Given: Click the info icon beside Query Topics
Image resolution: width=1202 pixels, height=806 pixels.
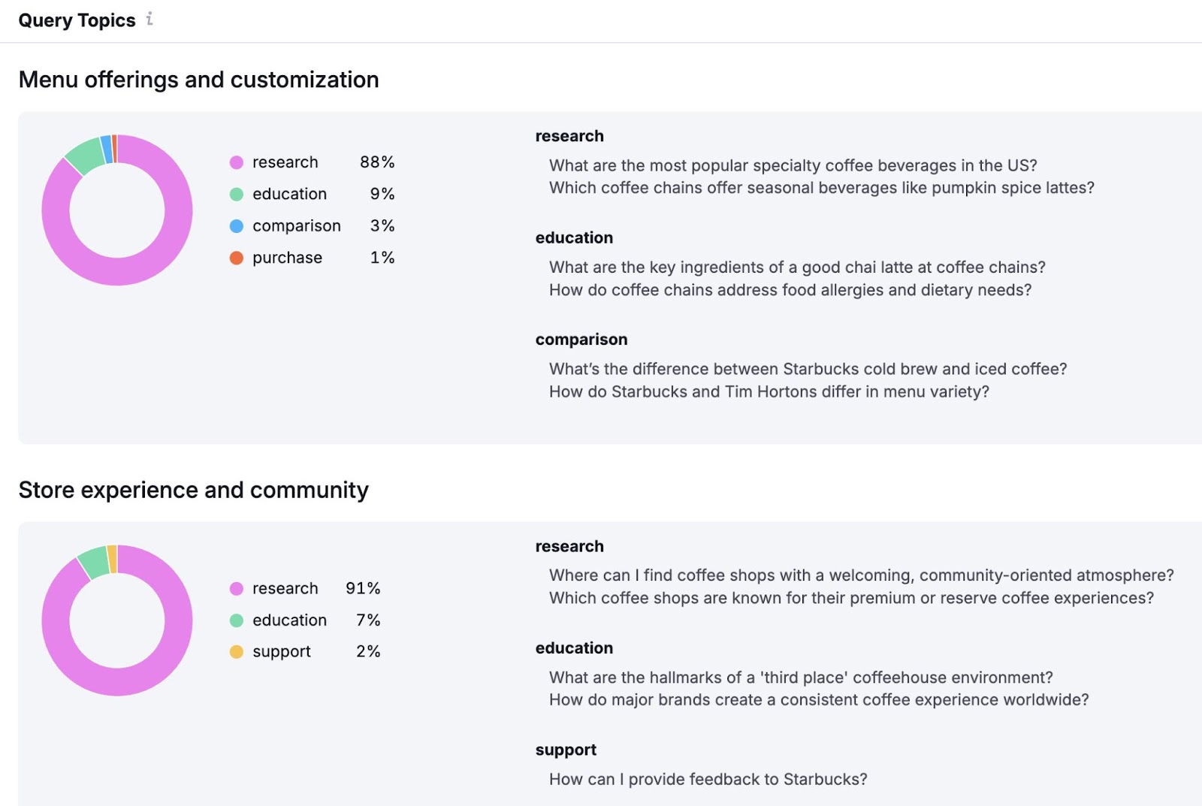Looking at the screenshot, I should [x=149, y=19].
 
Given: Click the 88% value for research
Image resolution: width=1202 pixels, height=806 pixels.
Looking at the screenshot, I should [x=376, y=162].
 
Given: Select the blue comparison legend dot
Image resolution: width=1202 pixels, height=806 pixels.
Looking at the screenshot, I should [x=236, y=226].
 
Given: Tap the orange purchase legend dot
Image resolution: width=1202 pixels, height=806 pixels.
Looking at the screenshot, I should [x=236, y=258].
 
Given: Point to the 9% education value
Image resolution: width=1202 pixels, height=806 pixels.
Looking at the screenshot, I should [x=382, y=194].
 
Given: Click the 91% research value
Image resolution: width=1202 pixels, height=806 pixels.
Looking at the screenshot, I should [x=363, y=588].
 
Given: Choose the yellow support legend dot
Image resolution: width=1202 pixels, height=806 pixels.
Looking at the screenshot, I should [x=236, y=652].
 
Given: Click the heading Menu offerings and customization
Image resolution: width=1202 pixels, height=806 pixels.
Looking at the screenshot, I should [x=198, y=80].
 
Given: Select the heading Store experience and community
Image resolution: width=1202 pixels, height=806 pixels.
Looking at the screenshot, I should [x=193, y=490].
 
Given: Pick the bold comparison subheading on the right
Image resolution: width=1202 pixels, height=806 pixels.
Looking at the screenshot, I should [x=581, y=340].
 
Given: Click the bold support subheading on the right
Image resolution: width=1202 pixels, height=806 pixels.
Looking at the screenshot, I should [x=566, y=750].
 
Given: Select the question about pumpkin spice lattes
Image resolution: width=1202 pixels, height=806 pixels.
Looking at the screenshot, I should [x=821, y=188].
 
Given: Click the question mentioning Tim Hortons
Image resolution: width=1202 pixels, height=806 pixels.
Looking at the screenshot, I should [x=769, y=391].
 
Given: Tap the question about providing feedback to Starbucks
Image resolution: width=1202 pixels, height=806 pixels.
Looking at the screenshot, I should [x=708, y=779].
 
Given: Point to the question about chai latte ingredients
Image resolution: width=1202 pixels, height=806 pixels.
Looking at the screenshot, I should [x=797, y=267].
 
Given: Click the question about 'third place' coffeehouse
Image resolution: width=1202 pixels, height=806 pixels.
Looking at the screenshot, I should [x=801, y=678].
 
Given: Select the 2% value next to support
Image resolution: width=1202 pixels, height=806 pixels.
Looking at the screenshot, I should [x=368, y=651].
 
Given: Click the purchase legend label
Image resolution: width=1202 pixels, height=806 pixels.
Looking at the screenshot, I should [x=287, y=258].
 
